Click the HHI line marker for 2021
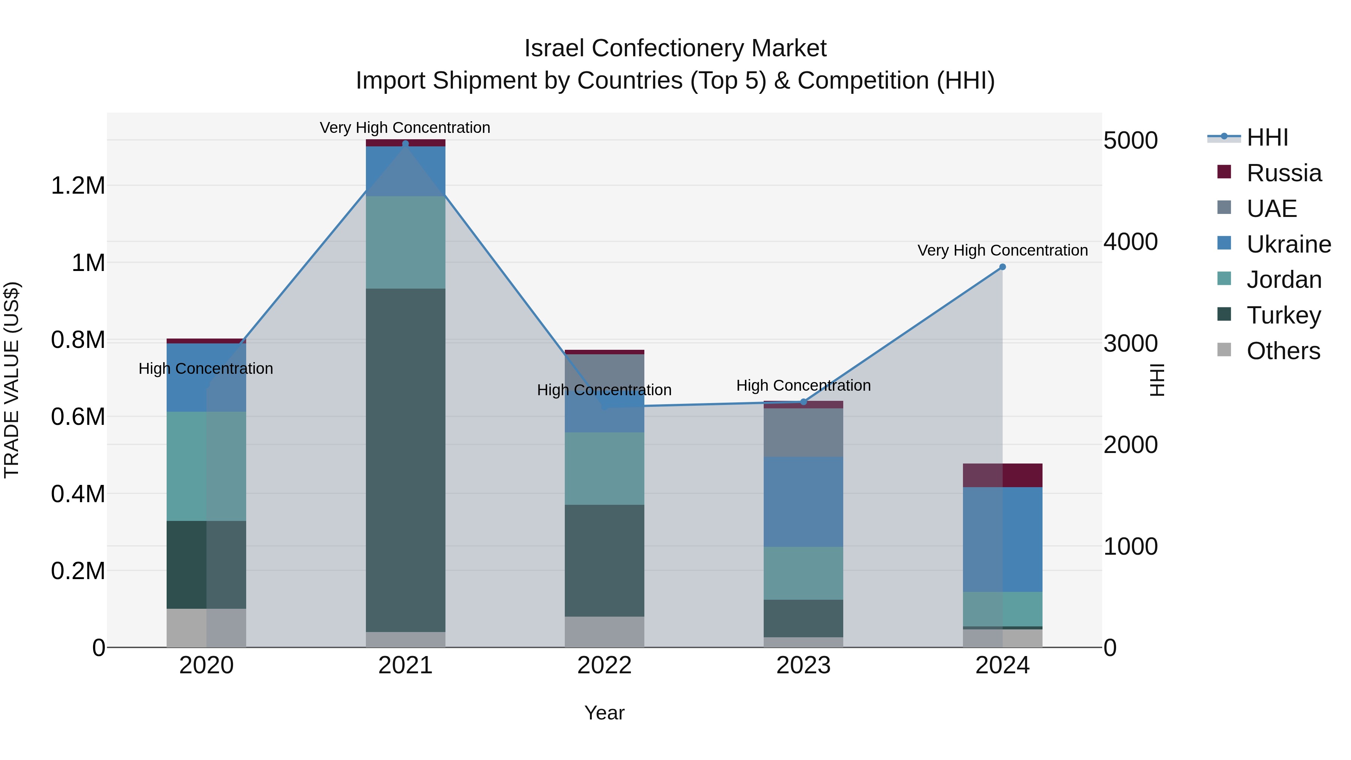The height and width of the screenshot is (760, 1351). click(405, 144)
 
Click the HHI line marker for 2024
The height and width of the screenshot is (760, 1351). click(1002, 267)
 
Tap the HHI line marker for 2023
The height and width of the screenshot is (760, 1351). click(803, 402)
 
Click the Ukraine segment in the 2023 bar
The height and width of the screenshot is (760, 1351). click(803, 501)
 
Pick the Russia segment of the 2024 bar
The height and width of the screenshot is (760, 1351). click(1002, 475)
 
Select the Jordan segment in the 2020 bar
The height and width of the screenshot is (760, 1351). click(206, 466)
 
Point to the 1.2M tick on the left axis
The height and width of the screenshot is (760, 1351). click(78, 186)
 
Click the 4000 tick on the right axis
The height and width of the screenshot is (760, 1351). click(1130, 242)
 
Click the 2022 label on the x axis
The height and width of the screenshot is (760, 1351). click(604, 665)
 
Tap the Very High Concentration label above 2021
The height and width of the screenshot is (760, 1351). click(405, 128)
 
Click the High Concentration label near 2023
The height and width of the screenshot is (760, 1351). click(803, 385)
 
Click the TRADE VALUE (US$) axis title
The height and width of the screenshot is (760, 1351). click(12, 380)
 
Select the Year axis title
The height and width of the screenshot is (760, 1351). click(604, 713)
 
